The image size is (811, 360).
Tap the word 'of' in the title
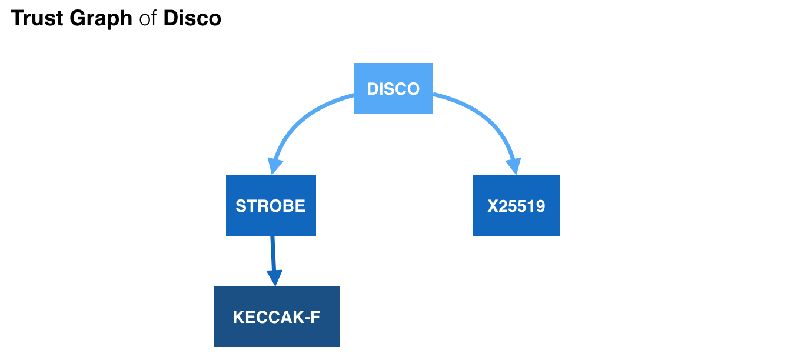148,19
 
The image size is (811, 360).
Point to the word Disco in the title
192,19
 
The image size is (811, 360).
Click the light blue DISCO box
393,89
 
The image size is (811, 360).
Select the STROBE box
271,206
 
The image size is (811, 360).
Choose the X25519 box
516,206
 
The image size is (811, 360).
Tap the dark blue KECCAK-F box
277,317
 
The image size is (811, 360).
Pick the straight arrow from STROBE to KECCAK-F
273,253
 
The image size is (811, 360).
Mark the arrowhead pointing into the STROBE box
272,166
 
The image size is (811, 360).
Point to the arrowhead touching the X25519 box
515,166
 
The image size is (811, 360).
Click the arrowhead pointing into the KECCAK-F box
275,278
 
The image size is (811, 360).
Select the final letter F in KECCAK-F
315,318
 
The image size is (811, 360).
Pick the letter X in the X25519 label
492,206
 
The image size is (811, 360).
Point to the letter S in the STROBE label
240,206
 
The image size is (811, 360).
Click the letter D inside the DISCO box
372,89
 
